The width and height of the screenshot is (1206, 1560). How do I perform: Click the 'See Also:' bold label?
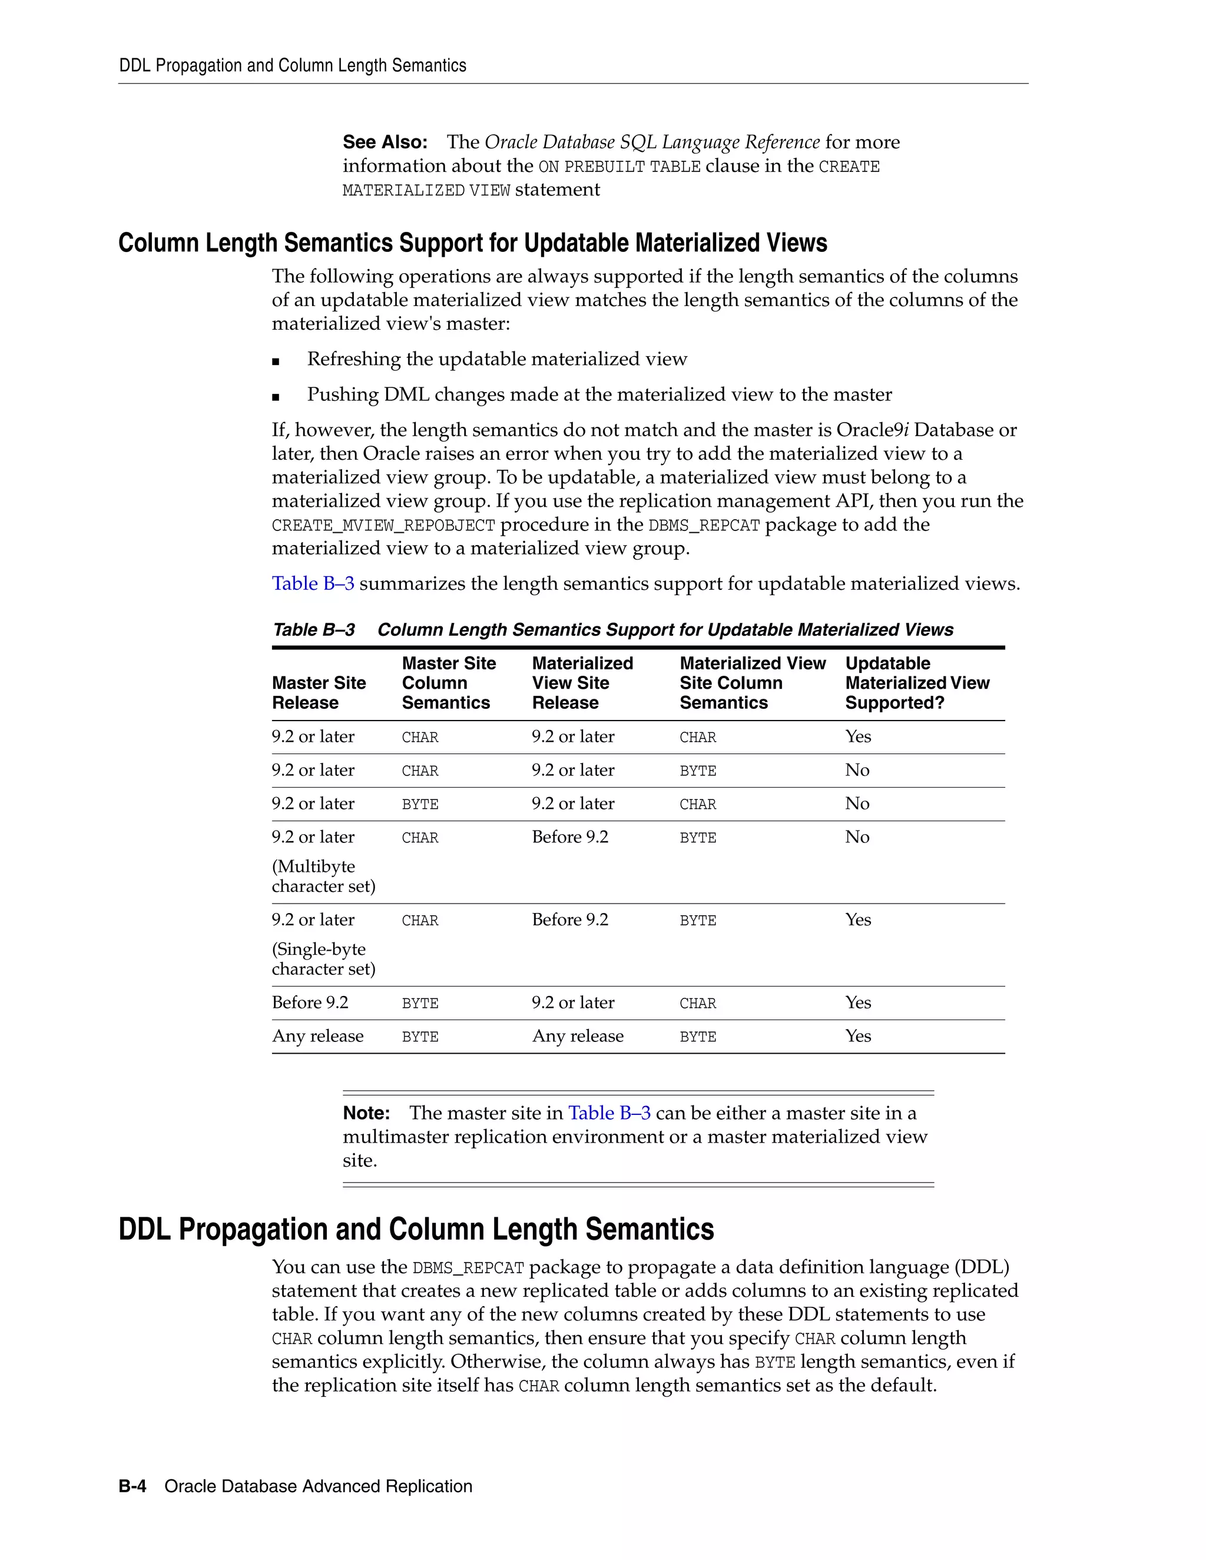385,142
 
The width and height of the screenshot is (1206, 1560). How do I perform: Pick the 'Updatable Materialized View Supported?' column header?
917,683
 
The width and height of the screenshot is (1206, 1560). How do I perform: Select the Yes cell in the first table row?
857,736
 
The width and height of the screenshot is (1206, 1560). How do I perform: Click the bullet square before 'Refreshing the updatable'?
276,361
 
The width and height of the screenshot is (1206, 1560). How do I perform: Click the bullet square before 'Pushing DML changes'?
276,397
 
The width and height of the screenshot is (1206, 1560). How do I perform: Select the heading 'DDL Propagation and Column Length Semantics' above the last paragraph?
416,1229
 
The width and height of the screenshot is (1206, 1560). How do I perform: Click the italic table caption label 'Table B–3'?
314,629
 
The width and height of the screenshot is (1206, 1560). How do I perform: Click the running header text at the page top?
292,66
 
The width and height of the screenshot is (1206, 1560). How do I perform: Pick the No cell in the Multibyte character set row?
857,837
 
